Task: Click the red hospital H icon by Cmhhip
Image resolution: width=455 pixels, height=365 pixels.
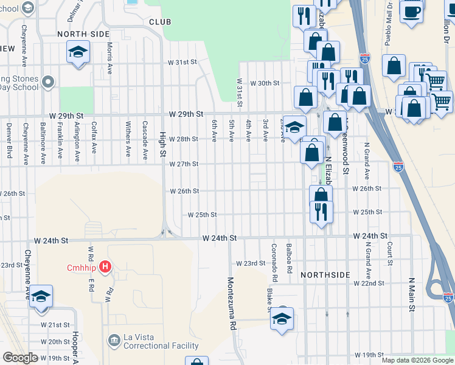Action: pyautogui.click(x=106, y=266)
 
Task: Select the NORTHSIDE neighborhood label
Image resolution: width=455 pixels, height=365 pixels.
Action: pyautogui.click(x=325, y=275)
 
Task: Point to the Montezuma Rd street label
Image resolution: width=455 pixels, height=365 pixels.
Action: pyautogui.click(x=232, y=304)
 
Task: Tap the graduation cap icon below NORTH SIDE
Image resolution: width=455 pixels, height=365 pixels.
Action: pyautogui.click(x=78, y=53)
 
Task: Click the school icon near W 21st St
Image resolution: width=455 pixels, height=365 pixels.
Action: pyautogui.click(x=41, y=297)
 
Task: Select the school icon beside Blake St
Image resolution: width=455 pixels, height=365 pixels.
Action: pyautogui.click(x=282, y=319)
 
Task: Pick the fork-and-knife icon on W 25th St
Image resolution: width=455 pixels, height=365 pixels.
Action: pyautogui.click(x=321, y=211)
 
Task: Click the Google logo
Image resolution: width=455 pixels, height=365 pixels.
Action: pyautogui.click(x=21, y=358)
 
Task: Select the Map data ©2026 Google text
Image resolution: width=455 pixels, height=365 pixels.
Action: pyautogui.click(x=417, y=360)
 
